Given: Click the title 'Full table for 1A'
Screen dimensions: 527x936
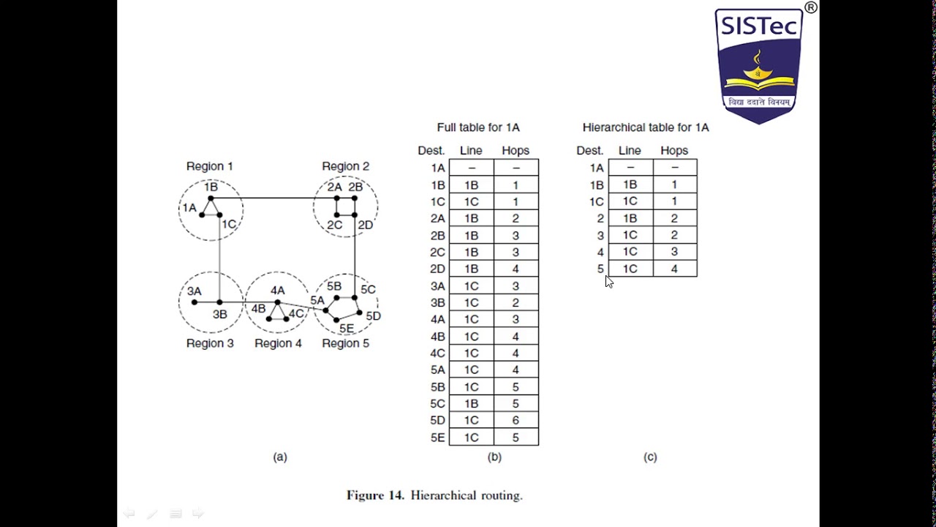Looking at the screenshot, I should [478, 127].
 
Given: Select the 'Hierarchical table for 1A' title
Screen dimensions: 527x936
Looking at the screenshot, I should [645, 127].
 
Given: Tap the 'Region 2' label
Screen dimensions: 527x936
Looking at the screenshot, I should [345, 166].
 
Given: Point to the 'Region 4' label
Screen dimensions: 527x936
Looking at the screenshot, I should [278, 343].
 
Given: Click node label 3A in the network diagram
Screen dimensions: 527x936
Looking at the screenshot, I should [194, 291].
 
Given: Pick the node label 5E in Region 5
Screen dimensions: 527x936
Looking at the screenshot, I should [347, 329].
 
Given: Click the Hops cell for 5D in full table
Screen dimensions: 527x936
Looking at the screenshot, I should [516, 420].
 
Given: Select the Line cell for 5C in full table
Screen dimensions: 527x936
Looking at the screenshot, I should [471, 403].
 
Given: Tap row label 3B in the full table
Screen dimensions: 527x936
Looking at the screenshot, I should [437, 302].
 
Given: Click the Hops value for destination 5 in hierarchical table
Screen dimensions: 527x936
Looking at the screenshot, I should [673, 269].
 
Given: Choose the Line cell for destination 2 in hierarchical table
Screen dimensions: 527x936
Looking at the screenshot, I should [630, 218].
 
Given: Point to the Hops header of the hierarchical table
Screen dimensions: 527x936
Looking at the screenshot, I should [673, 151].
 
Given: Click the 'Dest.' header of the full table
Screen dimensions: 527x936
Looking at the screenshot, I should [431, 151].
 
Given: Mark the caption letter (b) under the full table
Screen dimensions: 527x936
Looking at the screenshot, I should [494, 457].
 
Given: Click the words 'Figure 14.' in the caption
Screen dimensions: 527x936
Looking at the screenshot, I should [375, 496].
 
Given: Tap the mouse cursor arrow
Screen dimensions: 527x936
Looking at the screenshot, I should [609, 282].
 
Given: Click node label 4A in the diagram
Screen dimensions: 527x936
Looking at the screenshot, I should [277, 291].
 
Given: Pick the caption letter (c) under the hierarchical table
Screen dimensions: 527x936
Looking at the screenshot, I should [650, 457].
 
